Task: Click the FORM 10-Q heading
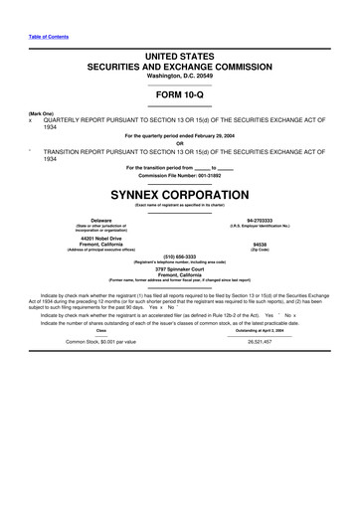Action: [x=179, y=94]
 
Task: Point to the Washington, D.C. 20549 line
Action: [x=179, y=75]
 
